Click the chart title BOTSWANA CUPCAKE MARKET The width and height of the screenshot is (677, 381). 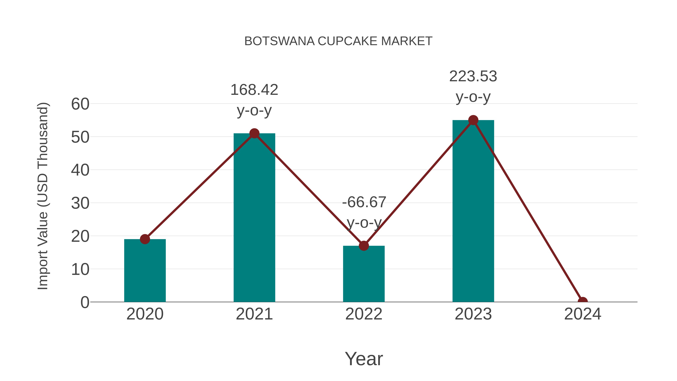(x=338, y=41)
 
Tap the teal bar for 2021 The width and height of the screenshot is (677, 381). (x=254, y=218)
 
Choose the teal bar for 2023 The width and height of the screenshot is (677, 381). (x=473, y=210)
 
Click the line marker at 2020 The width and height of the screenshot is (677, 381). (x=145, y=239)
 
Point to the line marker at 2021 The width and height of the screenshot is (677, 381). (x=254, y=133)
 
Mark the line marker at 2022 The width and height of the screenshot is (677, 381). (x=364, y=246)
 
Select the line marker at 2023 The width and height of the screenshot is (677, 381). (x=473, y=120)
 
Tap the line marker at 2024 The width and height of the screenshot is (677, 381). (x=582, y=301)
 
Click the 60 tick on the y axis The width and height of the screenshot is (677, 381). (x=80, y=104)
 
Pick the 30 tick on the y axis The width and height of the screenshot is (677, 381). (x=80, y=203)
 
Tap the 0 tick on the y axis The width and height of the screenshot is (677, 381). (x=85, y=302)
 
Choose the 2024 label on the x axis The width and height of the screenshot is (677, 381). (x=582, y=314)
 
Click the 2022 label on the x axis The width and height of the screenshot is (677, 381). (x=364, y=314)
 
